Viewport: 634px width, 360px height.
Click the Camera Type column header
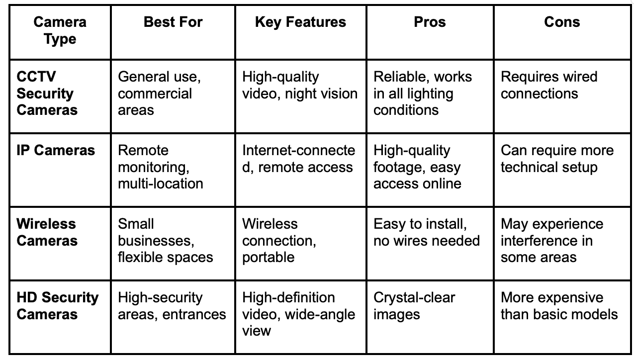pyautogui.click(x=60, y=30)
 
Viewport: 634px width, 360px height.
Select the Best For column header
pyautogui.click(x=173, y=22)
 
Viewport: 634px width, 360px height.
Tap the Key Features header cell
pyautogui.click(x=300, y=22)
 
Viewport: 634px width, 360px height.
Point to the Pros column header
pyautogui.click(x=430, y=22)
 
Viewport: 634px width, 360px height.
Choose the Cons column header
pyautogui.click(x=562, y=22)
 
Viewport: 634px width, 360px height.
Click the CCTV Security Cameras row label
pyautogui.click(x=47, y=93)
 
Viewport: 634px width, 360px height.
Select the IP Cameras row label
pyautogui.click(x=56, y=151)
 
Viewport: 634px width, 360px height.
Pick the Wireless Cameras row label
pyautogui.click(x=47, y=232)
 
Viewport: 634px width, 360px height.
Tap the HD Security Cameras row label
pyautogui.click(x=58, y=306)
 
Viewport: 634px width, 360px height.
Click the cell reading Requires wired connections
pyautogui.click(x=549, y=86)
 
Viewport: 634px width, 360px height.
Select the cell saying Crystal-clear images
pyautogui.click(x=414, y=306)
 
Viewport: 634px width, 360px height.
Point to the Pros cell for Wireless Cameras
pyautogui.click(x=426, y=232)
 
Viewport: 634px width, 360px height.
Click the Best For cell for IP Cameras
pyautogui.click(x=160, y=167)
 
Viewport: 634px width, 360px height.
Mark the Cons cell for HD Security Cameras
pyautogui.click(x=559, y=306)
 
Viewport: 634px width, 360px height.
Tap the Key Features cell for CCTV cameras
pyautogui.click(x=300, y=86)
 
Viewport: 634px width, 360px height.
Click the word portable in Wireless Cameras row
pyautogui.click(x=268, y=258)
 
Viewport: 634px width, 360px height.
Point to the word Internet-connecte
pyautogui.click(x=299, y=151)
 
